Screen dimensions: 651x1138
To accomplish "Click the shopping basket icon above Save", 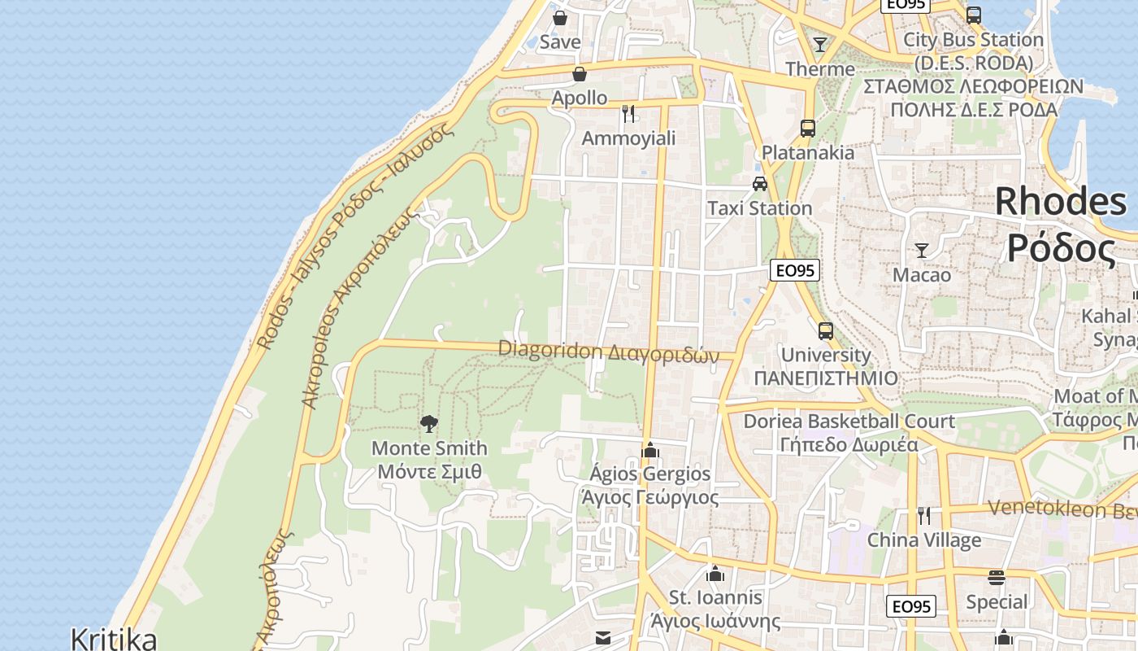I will [x=560, y=17].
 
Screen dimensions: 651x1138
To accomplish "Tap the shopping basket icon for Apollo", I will [x=580, y=74].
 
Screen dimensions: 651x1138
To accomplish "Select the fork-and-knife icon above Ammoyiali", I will [x=628, y=113].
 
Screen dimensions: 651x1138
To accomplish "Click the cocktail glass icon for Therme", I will [x=820, y=44].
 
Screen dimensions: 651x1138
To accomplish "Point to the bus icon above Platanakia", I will [x=807, y=128].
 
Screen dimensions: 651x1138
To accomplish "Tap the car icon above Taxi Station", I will [x=760, y=184].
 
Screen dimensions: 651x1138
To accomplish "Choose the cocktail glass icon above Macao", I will [x=922, y=250].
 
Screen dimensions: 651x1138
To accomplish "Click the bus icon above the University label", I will [x=826, y=330].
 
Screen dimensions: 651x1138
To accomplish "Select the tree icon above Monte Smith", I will [x=428, y=423].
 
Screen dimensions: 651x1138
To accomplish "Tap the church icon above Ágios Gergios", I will [x=649, y=449].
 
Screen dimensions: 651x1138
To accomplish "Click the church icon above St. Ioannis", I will [x=715, y=574].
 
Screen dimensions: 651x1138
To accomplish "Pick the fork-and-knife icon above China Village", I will [x=923, y=515].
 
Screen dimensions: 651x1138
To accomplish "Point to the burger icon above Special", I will [x=997, y=578].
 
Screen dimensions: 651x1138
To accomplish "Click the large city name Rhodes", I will [x=1061, y=201].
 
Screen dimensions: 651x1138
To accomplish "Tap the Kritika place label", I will [x=113, y=638].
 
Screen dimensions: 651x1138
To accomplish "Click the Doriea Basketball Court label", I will [x=849, y=422].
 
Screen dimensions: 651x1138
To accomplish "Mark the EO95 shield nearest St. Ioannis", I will [x=910, y=606].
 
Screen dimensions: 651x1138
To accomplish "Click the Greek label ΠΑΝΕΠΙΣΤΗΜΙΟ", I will [x=826, y=378].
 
